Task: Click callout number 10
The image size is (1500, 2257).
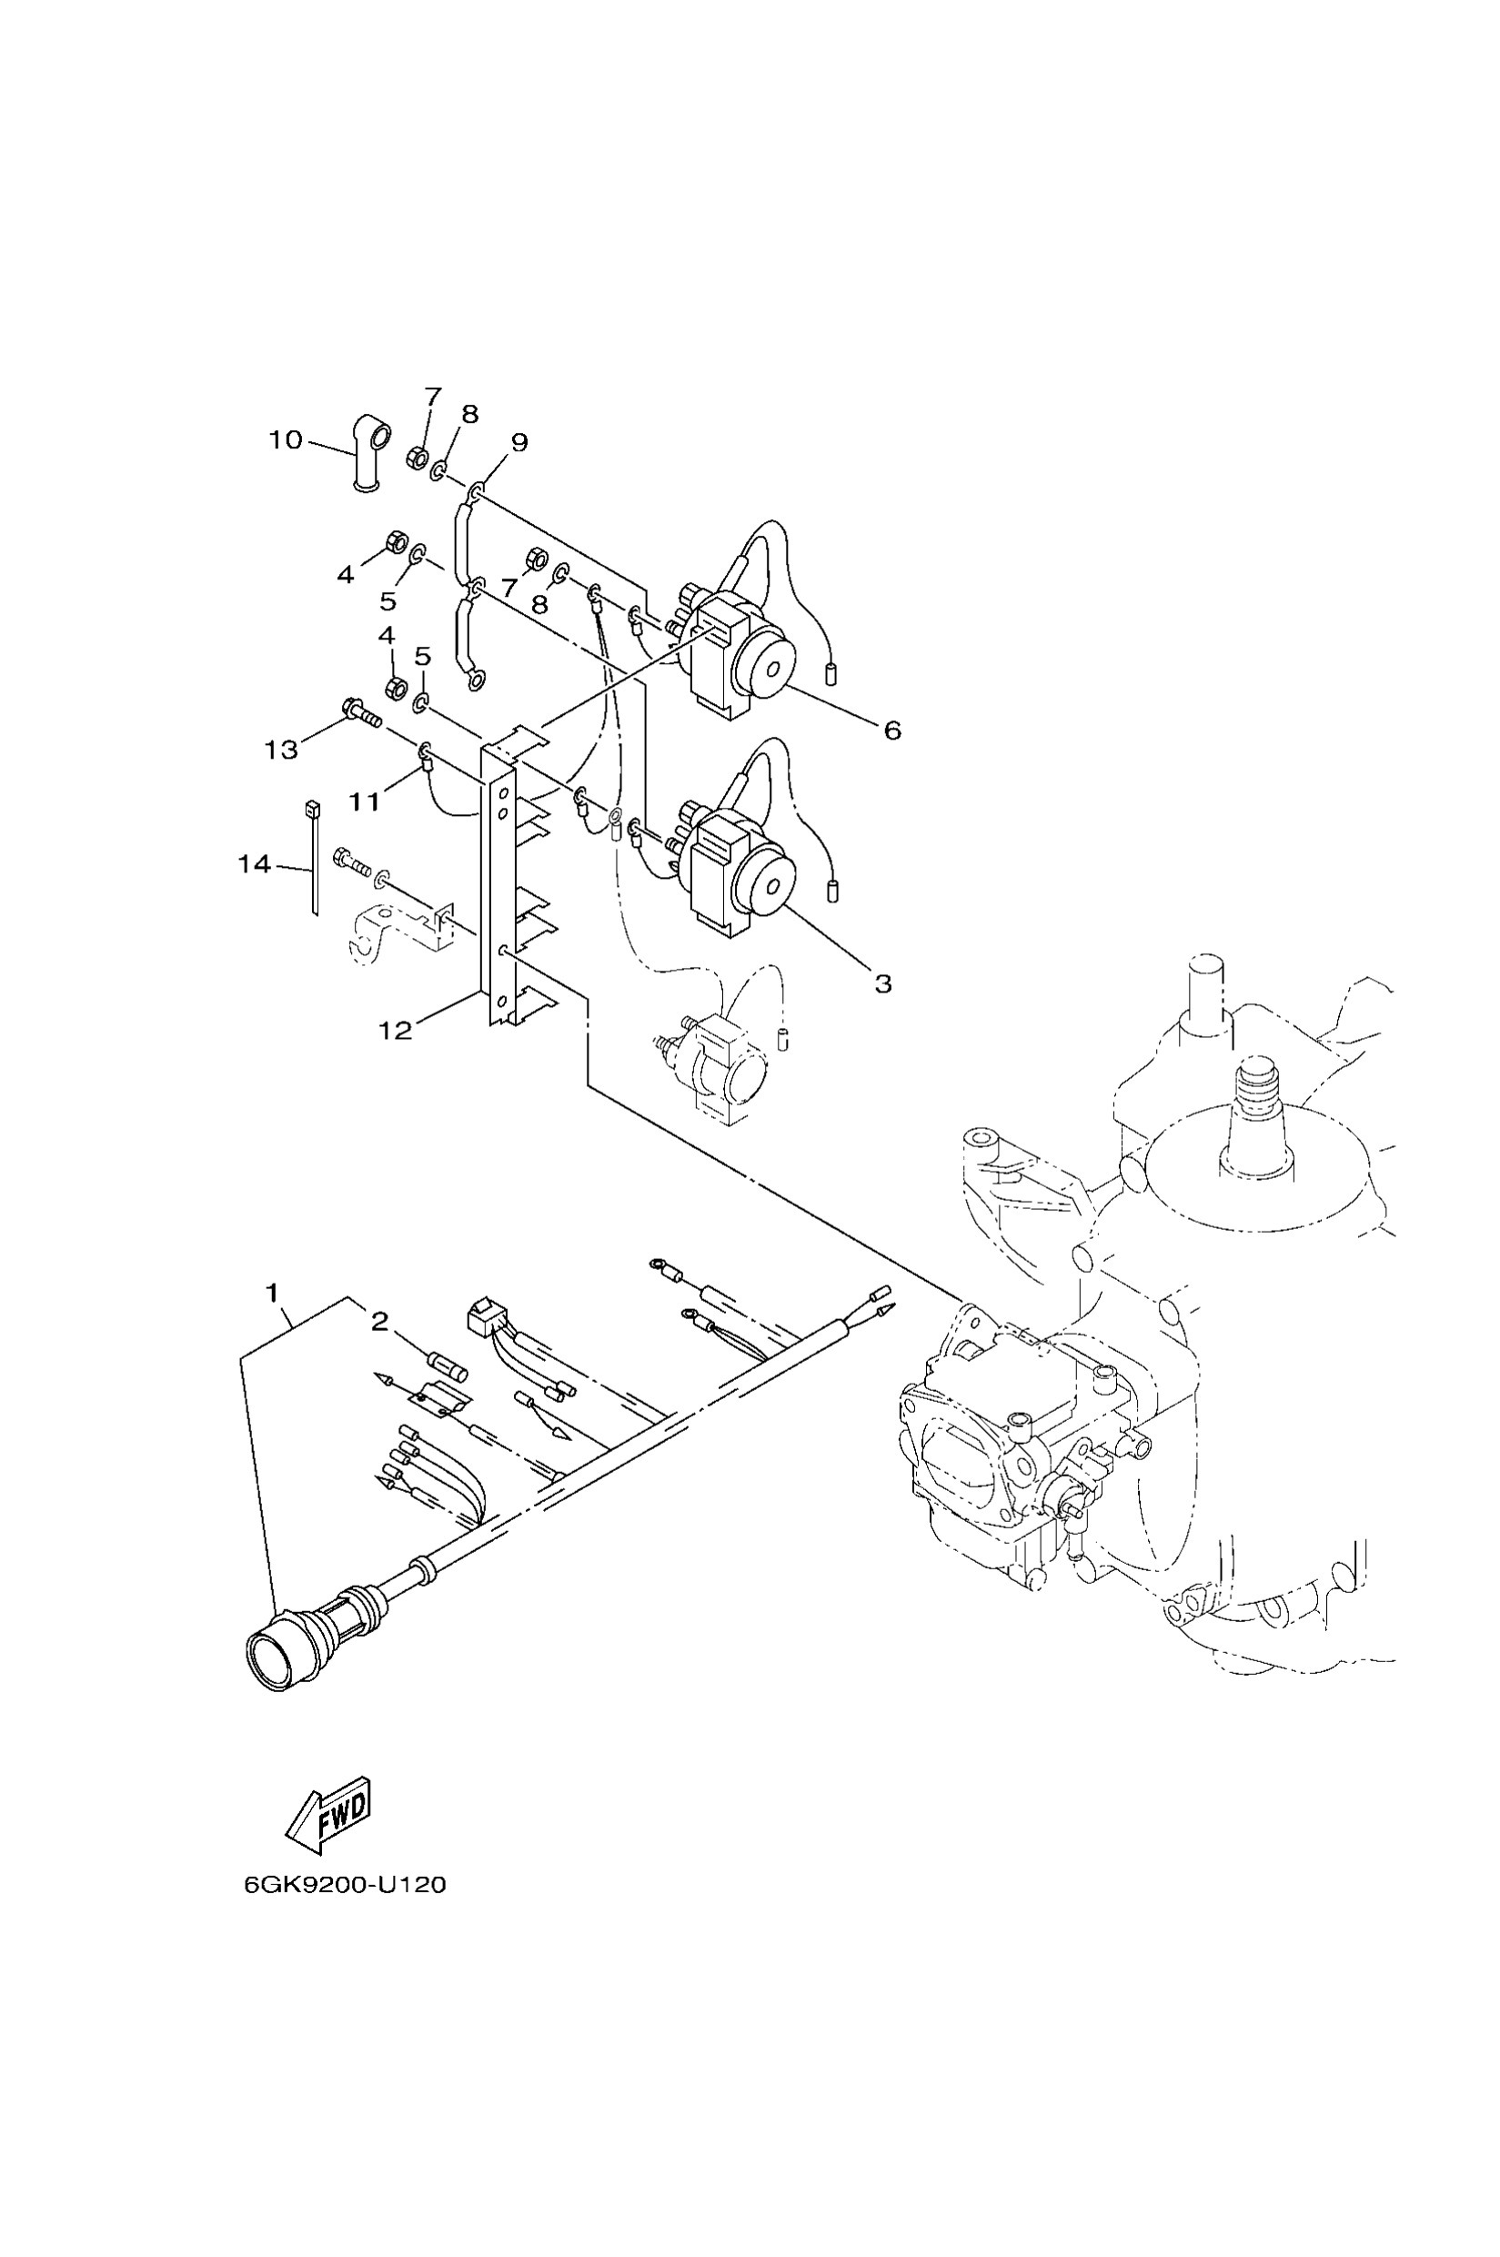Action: click(285, 440)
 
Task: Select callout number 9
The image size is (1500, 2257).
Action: click(518, 442)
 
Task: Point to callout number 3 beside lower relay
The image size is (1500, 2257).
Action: click(882, 983)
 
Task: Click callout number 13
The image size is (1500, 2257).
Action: click(281, 751)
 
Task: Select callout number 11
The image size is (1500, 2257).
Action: click(365, 801)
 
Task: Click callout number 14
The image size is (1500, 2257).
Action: click(255, 865)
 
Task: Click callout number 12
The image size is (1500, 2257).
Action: click(395, 1031)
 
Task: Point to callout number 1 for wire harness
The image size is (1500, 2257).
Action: click(272, 1294)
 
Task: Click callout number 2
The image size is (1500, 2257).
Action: click(380, 1322)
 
